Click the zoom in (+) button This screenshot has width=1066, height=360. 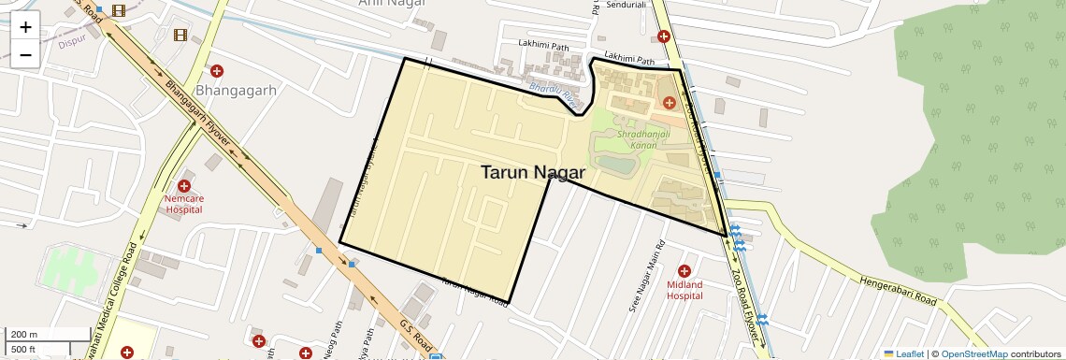[25, 26]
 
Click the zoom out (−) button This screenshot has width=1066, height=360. [25, 54]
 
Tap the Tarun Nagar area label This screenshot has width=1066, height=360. [532, 172]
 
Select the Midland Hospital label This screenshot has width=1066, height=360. [684, 290]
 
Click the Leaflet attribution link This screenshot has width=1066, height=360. [903, 353]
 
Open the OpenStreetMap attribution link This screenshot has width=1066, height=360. [973, 353]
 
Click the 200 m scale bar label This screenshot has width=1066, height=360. [24, 335]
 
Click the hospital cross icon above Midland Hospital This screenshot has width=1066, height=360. [684, 270]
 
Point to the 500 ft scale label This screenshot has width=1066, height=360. [24, 350]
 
